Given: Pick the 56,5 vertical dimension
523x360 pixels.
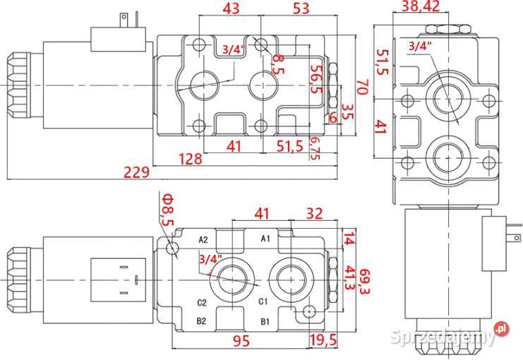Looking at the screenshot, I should click(316, 79).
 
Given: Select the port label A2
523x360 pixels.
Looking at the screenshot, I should click(203, 239).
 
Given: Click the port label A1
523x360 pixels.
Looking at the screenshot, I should click(266, 239).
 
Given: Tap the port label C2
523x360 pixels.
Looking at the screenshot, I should click(201, 303).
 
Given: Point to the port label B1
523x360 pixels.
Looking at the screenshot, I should click(266, 322).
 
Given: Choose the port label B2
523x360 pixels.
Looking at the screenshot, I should click(201, 322).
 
